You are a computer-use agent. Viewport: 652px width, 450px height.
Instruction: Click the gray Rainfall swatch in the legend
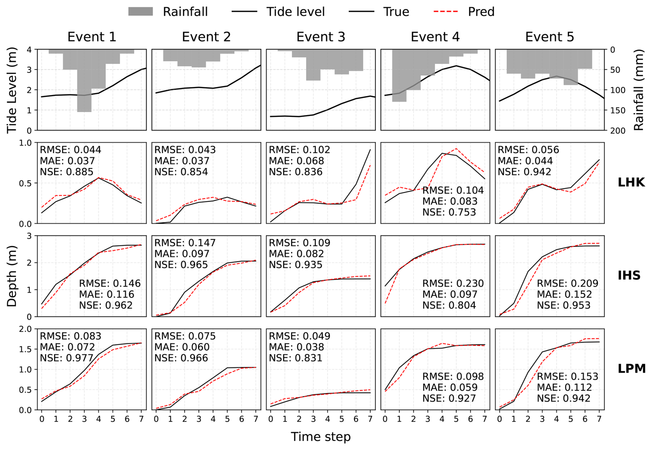tap(140, 12)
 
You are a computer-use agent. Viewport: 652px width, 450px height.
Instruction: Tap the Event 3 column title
tap(320, 37)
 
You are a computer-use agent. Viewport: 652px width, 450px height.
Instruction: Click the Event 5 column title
tap(549, 37)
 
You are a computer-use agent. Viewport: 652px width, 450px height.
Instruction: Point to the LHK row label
tap(631, 182)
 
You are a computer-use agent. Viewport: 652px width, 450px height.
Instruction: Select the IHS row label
tap(629, 275)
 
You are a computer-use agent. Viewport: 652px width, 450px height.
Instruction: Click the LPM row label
tap(631, 368)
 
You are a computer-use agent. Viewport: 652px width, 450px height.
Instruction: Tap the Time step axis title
tap(320, 437)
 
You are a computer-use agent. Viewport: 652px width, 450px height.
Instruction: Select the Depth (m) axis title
tap(12, 276)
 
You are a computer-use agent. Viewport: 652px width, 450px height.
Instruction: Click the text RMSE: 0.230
tap(453, 283)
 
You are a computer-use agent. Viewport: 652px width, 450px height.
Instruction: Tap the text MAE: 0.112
tap(564, 388)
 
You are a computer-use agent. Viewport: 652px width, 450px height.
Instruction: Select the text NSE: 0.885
tap(67, 172)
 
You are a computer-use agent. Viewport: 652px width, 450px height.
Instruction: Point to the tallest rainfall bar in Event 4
tap(399, 76)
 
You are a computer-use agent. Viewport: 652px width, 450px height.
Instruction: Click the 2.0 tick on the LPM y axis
tap(26, 329)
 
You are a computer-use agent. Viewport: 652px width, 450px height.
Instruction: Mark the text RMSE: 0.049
tap(299, 336)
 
